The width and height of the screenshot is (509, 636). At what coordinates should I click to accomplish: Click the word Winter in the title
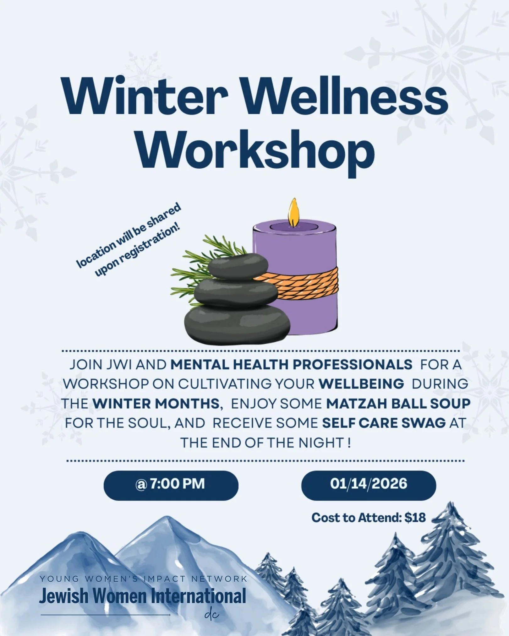(x=145, y=96)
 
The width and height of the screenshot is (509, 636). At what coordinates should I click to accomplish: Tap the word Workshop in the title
(x=255, y=150)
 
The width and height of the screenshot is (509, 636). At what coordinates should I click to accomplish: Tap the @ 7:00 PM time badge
(x=171, y=484)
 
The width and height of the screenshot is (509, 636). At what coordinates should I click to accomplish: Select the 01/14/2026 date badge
(x=368, y=484)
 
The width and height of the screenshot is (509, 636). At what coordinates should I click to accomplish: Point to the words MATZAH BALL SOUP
(x=398, y=404)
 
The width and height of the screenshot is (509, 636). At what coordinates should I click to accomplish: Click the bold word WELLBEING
(x=361, y=384)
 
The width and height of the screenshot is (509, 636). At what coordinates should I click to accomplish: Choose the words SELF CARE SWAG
(x=384, y=423)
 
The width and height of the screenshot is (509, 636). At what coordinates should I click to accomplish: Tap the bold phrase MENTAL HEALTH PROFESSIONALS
(x=291, y=365)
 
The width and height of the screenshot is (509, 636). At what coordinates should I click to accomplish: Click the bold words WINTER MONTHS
(x=156, y=404)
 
